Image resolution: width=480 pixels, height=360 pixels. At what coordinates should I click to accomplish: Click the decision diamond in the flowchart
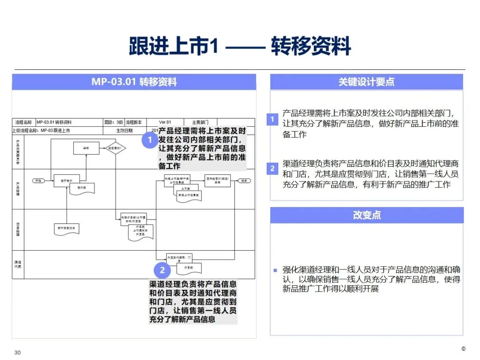click(116, 148)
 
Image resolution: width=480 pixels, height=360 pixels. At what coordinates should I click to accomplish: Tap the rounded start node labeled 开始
click(39, 181)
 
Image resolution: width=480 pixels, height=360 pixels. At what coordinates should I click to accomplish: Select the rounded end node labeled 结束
click(244, 181)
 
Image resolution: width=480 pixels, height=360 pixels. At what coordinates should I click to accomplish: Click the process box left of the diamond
click(86, 148)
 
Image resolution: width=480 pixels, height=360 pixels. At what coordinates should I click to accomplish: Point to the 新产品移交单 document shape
click(67, 228)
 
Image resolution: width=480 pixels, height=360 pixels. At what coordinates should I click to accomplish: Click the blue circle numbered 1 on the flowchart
click(150, 140)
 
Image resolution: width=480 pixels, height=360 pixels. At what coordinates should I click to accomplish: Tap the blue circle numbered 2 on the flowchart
click(162, 270)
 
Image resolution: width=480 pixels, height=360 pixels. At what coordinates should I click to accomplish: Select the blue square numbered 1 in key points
click(272, 119)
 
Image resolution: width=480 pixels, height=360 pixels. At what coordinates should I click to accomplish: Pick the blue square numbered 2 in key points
click(272, 168)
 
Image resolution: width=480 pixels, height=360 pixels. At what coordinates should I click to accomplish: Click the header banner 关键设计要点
click(366, 82)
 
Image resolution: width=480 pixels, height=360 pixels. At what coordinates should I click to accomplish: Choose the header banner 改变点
click(366, 215)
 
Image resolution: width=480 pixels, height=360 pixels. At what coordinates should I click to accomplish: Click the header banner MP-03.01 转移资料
click(134, 82)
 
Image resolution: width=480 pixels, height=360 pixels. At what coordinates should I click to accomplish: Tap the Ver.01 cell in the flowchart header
click(165, 122)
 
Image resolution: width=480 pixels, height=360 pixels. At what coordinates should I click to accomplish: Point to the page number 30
click(18, 352)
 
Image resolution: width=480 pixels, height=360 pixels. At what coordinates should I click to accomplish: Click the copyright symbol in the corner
click(463, 349)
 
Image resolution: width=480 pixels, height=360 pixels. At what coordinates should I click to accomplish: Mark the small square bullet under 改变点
click(275, 270)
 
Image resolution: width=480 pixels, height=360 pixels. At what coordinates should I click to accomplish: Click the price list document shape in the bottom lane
click(189, 268)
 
